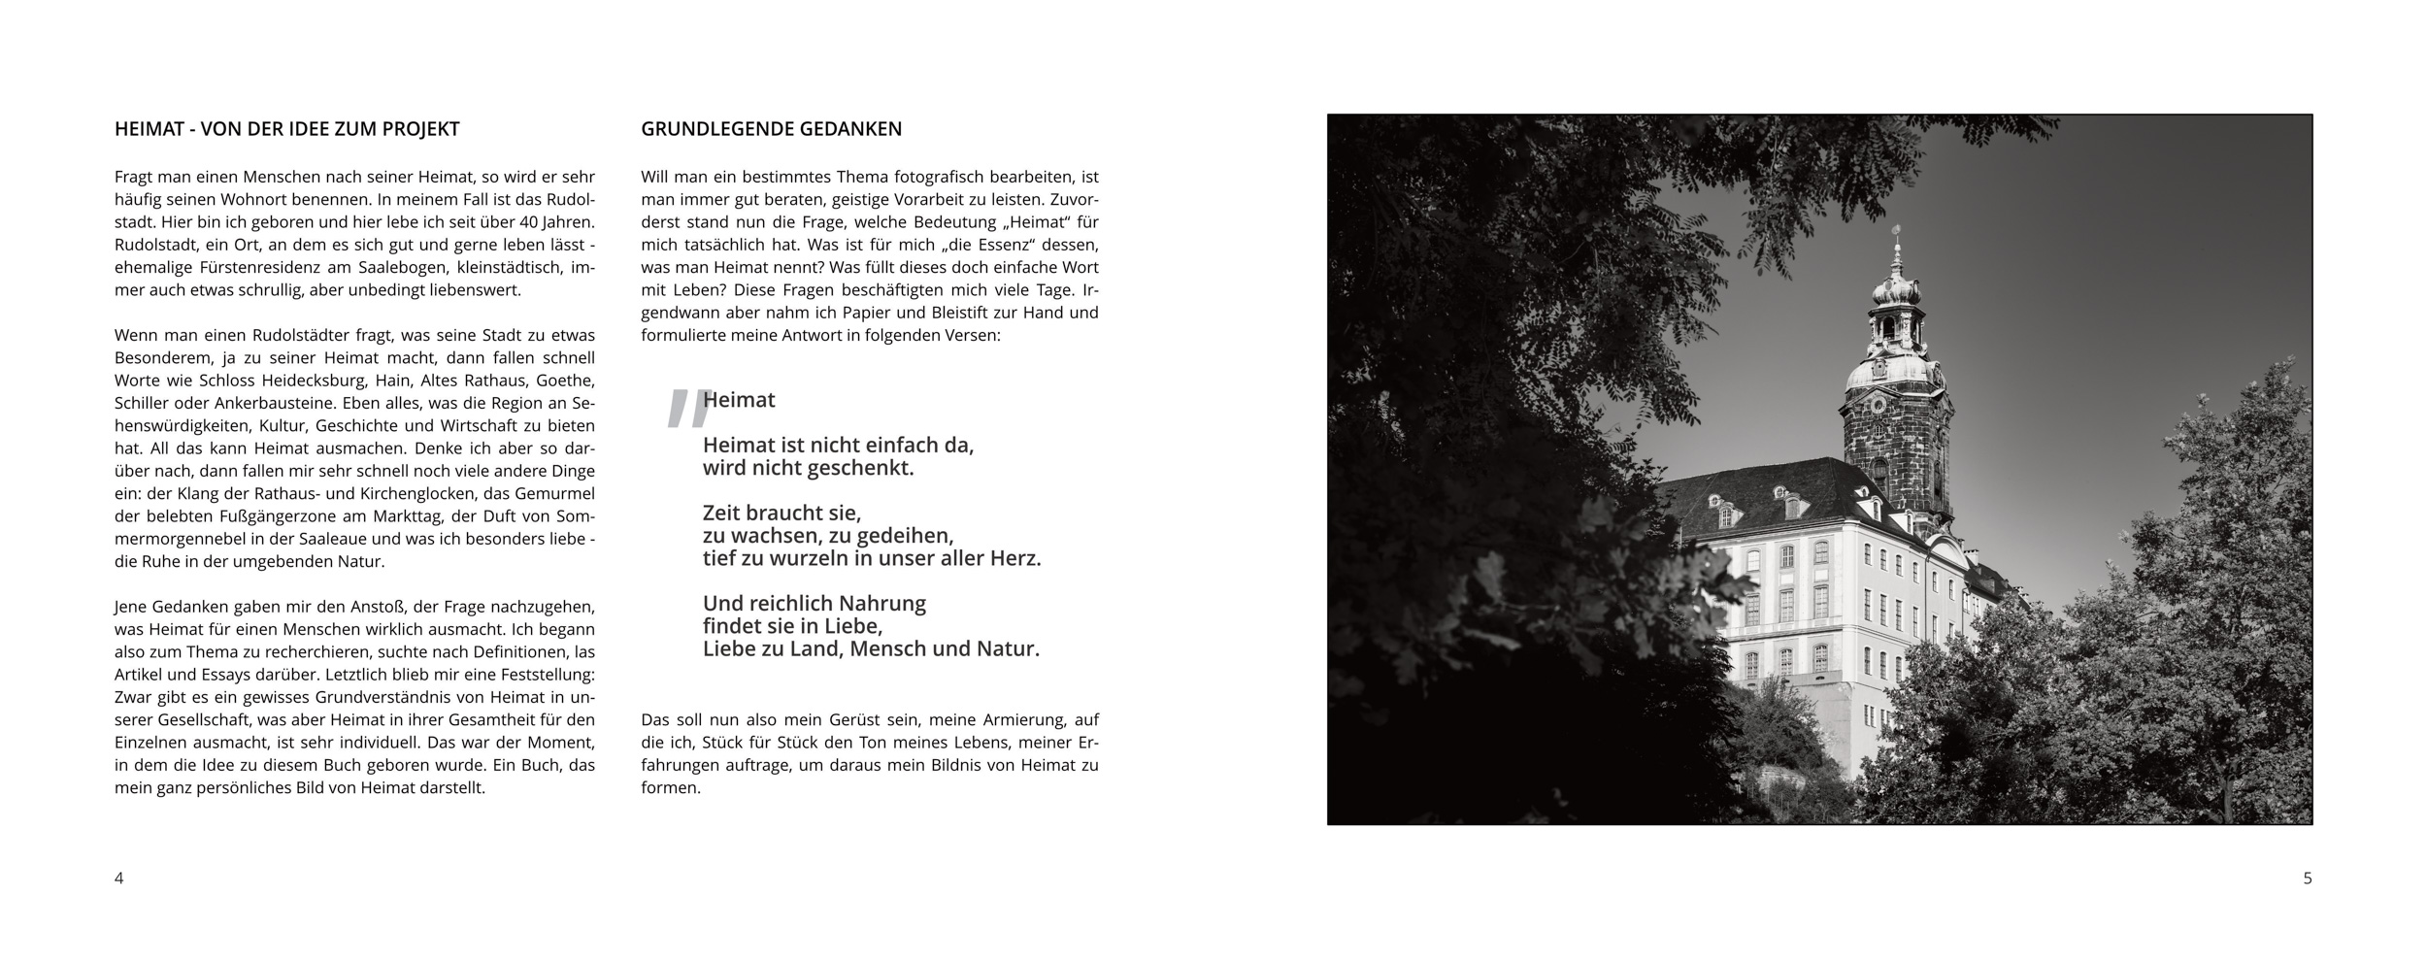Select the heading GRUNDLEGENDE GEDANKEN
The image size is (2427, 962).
[771, 129]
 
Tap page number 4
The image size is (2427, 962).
[119, 879]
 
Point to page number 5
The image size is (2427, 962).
[2308, 879]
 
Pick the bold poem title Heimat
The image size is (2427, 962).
[739, 400]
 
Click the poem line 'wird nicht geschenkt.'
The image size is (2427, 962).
[809, 468]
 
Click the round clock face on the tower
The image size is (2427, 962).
[1878, 404]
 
